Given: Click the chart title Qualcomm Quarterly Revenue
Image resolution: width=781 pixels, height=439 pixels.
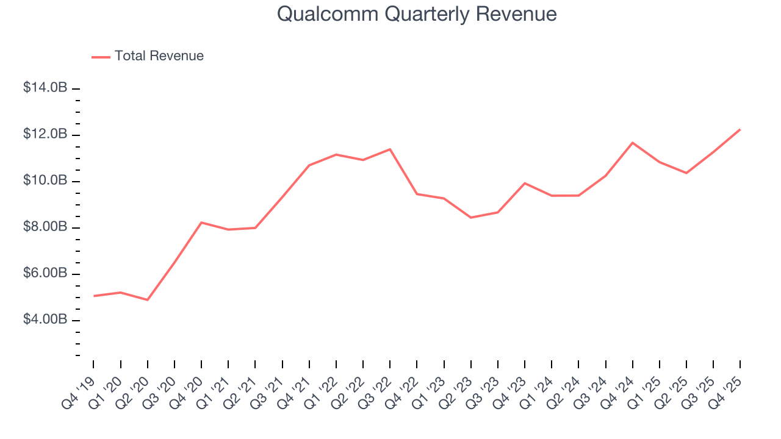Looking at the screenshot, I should click(417, 14).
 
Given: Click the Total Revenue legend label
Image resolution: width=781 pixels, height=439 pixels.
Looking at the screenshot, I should click(159, 56).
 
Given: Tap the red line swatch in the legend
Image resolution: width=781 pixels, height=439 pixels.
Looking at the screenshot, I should click(101, 57).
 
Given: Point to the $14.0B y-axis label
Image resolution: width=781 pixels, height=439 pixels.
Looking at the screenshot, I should click(45, 88).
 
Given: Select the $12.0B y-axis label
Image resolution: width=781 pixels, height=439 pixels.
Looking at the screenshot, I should click(45, 134).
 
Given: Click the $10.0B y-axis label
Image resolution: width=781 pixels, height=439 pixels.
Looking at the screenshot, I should click(45, 180).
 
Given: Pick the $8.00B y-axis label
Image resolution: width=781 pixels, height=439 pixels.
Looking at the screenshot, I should click(45, 227).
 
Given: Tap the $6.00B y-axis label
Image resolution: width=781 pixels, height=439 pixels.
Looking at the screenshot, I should click(45, 273).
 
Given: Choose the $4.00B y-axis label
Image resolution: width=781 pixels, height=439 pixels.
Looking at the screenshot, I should click(45, 319).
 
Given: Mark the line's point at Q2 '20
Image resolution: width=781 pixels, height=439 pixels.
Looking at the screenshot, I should click(148, 300).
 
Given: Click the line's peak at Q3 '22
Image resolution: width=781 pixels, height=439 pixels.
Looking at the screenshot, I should click(390, 149).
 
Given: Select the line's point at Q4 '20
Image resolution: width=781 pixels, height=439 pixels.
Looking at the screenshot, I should click(201, 223).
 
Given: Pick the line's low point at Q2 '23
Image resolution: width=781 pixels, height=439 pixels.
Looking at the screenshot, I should click(471, 218).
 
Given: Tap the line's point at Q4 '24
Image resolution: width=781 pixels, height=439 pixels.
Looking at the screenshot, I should click(633, 143).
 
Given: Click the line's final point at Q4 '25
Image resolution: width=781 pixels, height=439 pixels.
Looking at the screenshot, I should click(740, 129).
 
